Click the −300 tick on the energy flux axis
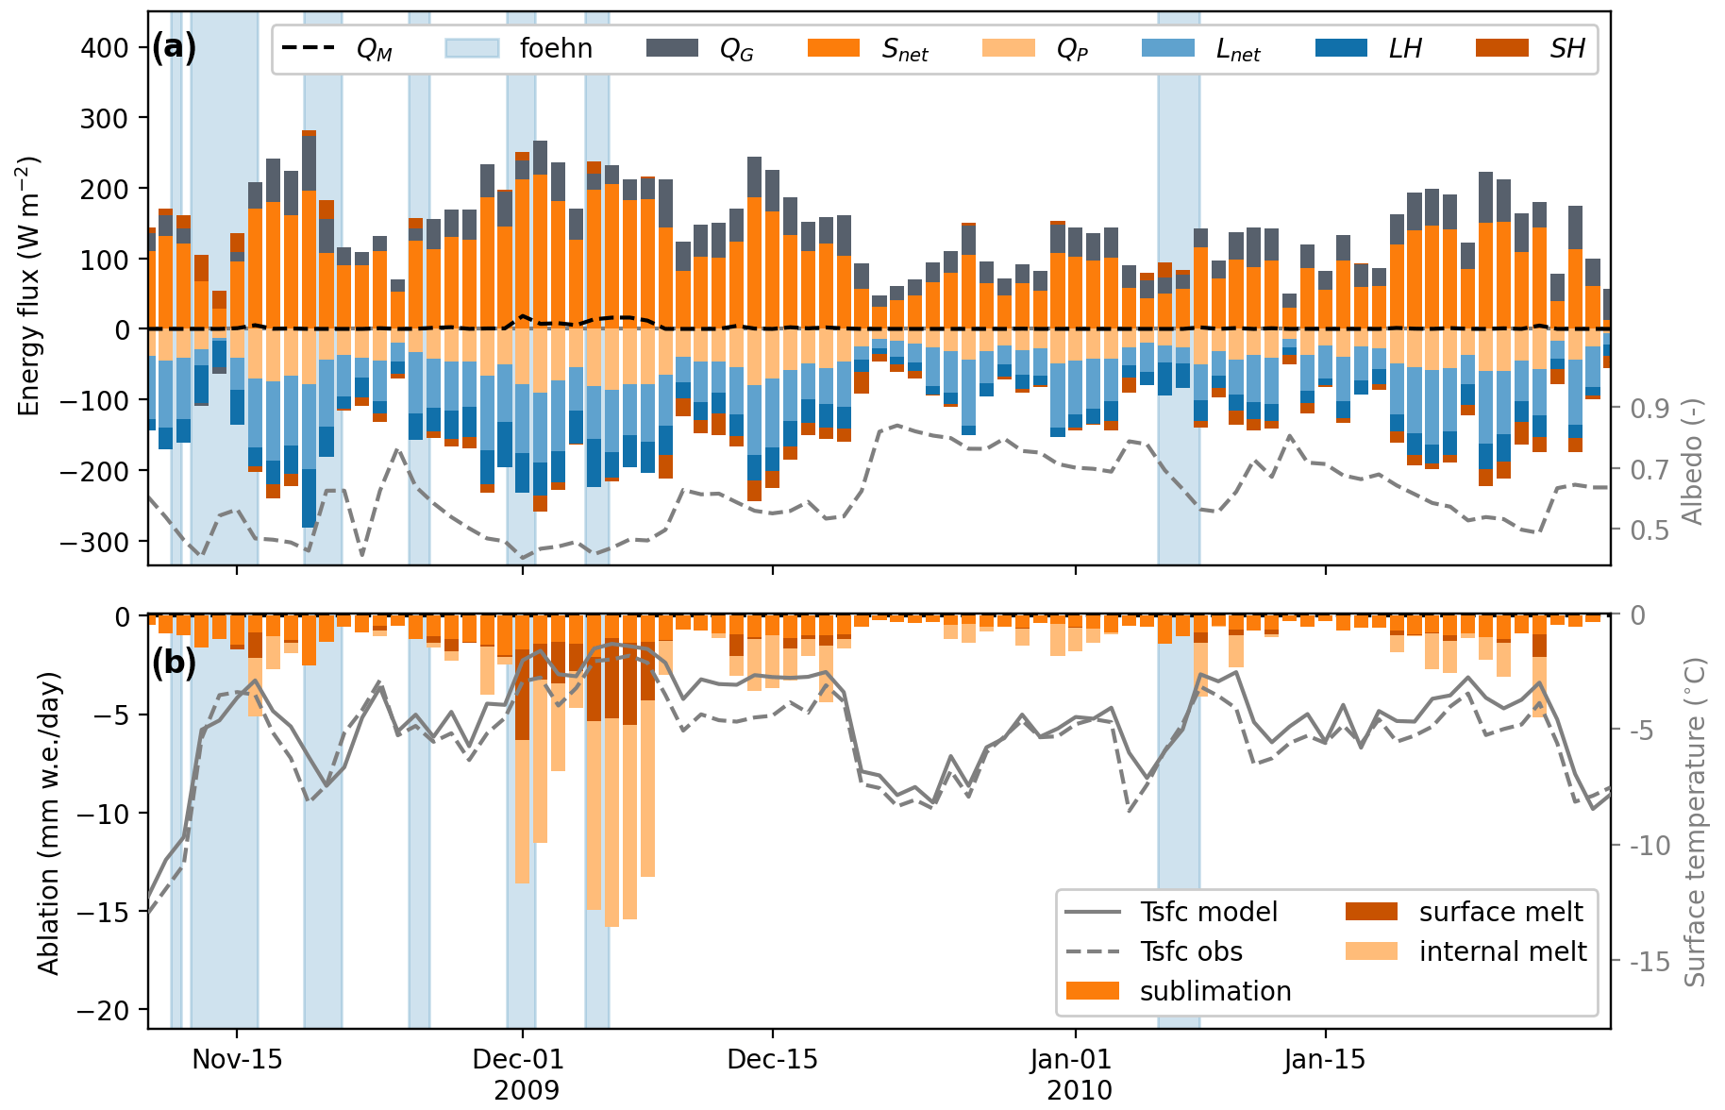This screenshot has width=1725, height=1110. click(x=98, y=541)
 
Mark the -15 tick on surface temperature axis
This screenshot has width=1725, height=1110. click(x=1651, y=962)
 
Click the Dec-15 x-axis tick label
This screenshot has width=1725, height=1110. click(x=772, y=1059)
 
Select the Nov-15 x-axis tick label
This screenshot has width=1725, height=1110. click(x=237, y=1059)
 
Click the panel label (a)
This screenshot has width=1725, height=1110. click(x=174, y=46)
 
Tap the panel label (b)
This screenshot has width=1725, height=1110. click(x=174, y=663)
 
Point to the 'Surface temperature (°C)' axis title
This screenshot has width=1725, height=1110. click(x=1695, y=822)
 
